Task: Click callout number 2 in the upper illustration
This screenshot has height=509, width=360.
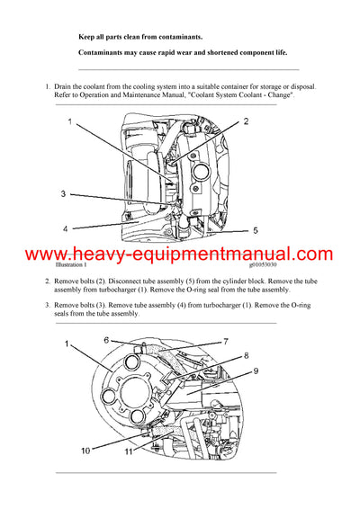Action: pyautogui.click(x=246, y=122)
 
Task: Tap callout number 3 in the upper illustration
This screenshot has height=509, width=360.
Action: pyautogui.click(x=63, y=193)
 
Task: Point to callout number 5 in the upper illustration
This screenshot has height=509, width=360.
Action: pyautogui.click(x=256, y=229)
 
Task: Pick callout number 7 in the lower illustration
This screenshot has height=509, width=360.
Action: pyautogui.click(x=226, y=342)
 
